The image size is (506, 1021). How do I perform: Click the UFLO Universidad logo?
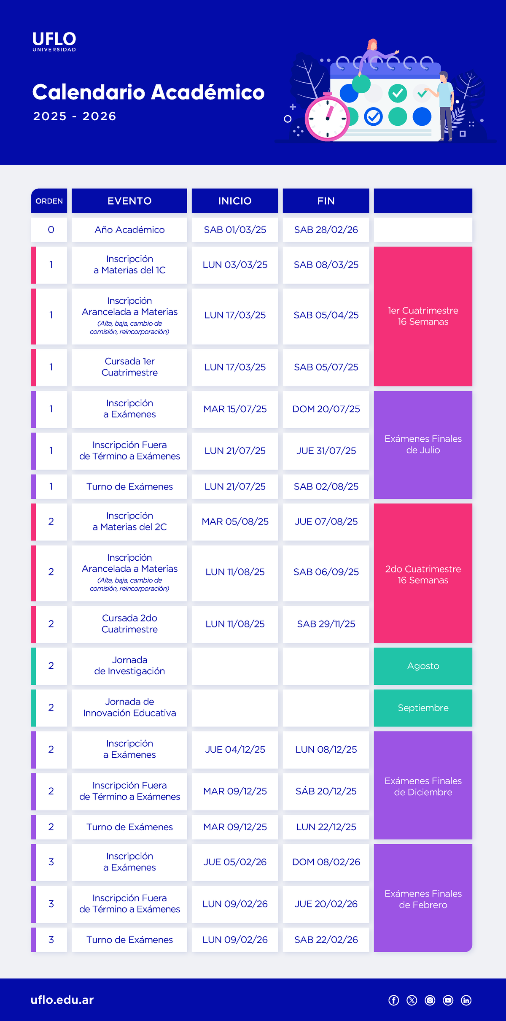coord(54,41)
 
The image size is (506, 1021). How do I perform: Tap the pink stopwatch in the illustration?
coord(327,118)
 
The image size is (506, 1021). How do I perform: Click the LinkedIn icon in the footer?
coord(466,1000)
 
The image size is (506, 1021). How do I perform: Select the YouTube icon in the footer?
coord(448,1000)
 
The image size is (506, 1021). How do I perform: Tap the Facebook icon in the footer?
coord(394,1000)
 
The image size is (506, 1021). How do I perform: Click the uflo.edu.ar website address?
coord(62,999)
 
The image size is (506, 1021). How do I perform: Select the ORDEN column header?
coord(49,201)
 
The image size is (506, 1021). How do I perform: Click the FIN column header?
coord(326,201)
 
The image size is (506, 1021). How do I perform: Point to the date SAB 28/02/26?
coord(326,230)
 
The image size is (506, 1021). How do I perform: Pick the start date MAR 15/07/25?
coord(235,409)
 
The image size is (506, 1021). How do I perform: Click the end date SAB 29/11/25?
coord(326,624)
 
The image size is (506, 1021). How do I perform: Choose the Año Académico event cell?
coord(129,230)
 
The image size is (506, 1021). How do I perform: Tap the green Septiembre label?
coord(423,708)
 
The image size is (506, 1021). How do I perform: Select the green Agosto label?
coord(423,666)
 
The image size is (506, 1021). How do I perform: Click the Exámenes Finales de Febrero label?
coord(423,899)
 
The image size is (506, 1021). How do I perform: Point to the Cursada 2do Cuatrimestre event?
coord(129,624)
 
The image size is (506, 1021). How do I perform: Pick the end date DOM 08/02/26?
coord(326,862)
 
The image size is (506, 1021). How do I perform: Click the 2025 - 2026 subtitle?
coord(75,116)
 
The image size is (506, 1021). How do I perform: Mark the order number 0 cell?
coord(51,230)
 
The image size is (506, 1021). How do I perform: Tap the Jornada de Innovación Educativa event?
coord(129,707)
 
